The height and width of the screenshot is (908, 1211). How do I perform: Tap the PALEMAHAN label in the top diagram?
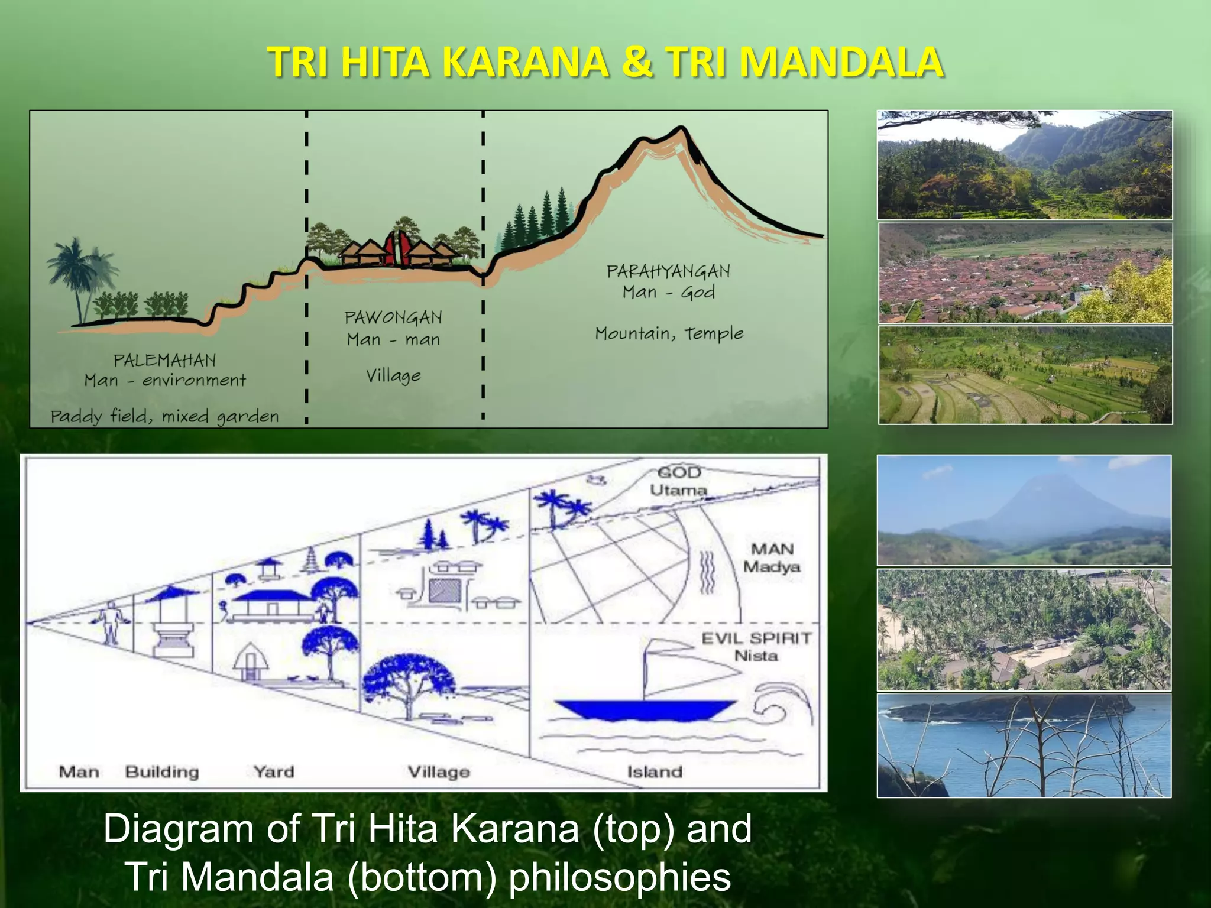click(x=164, y=360)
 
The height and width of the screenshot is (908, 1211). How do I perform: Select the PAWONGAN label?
click(x=393, y=317)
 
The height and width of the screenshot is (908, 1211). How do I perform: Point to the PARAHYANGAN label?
click(x=668, y=271)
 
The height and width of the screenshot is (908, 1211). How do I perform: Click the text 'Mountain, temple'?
click(x=669, y=333)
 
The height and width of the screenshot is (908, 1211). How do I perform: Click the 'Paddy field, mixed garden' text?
click(x=164, y=417)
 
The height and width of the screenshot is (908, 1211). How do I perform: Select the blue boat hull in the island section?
click(x=645, y=709)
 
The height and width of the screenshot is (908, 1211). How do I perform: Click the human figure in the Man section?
click(x=109, y=624)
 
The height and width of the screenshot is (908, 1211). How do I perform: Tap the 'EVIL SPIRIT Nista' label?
click(x=756, y=647)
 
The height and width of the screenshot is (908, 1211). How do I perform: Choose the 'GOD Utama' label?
click(x=679, y=481)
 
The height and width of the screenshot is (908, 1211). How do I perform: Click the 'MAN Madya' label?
click(x=771, y=558)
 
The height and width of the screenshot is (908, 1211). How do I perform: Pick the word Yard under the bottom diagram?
click(x=273, y=771)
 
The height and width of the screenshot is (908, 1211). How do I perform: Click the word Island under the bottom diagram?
click(x=655, y=771)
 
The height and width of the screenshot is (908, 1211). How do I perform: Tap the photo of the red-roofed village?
click(x=1024, y=273)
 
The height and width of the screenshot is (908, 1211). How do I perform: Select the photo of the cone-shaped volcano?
click(x=1024, y=510)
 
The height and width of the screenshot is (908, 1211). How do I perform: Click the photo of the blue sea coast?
click(x=1024, y=745)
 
